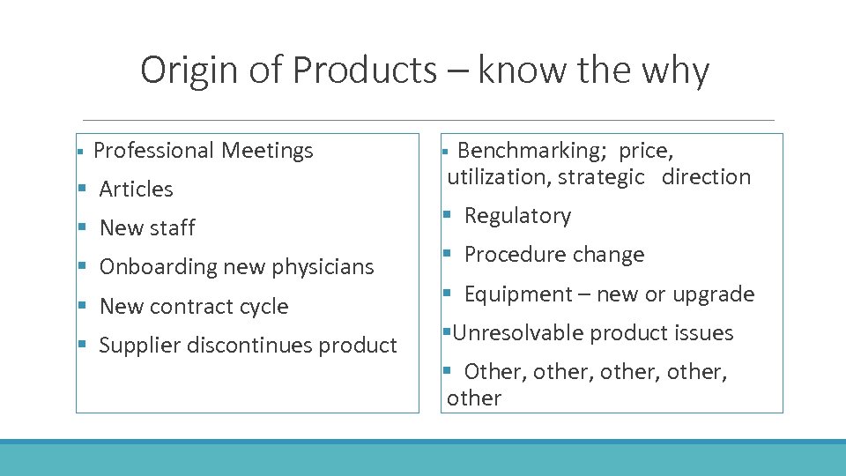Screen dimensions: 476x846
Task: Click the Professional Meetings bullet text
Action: point(203,151)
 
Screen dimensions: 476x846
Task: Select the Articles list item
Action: point(136,189)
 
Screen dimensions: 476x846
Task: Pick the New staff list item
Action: point(147,227)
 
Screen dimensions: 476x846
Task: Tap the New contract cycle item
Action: point(194,307)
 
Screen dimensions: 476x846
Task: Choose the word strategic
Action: point(601,177)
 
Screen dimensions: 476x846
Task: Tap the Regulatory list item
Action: point(517,216)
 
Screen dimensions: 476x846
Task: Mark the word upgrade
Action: point(713,294)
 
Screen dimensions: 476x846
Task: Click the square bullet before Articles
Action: point(82,189)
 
